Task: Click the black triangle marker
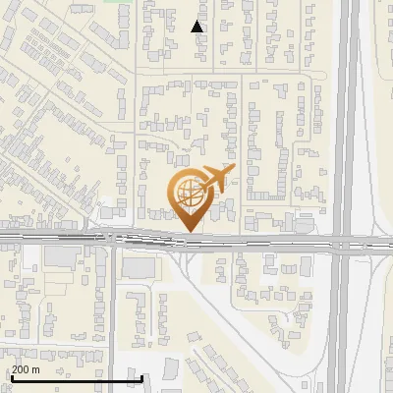(197, 27)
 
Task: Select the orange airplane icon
(216, 180)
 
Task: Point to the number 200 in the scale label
(22, 369)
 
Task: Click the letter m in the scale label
(36, 369)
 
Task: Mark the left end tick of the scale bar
(12, 378)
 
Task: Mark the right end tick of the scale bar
(142, 378)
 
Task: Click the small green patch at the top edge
(119, 2)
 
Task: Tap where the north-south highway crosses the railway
(343, 240)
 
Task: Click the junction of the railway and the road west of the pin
(113, 238)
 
